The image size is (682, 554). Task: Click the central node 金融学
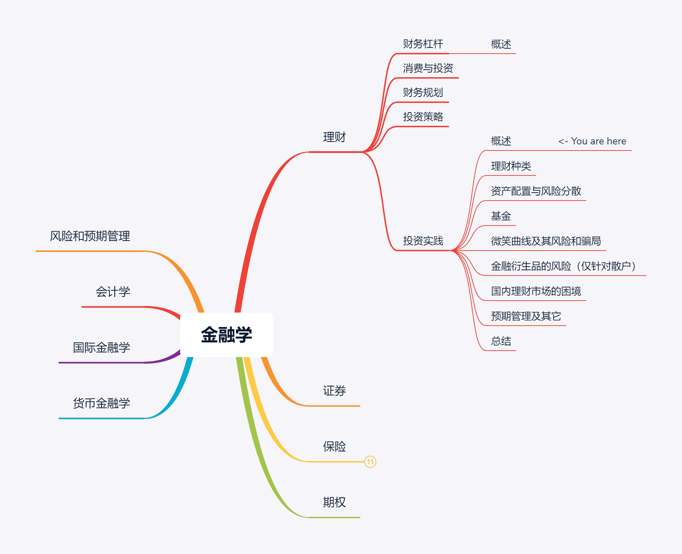(x=226, y=335)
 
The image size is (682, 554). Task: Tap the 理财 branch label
(x=334, y=137)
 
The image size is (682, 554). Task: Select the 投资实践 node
(x=423, y=241)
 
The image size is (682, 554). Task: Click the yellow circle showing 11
(x=370, y=462)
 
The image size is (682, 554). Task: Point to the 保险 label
(x=334, y=447)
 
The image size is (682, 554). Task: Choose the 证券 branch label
(x=334, y=391)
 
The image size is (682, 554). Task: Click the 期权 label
(x=334, y=503)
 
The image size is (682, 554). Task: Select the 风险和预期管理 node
(x=90, y=236)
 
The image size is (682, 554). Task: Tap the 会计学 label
(x=113, y=292)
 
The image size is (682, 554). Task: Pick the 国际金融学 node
(x=101, y=348)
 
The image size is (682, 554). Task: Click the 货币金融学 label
(x=101, y=404)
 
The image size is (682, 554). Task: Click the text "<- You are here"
(x=592, y=141)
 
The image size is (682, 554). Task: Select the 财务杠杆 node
(x=423, y=44)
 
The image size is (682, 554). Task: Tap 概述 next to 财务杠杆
(x=501, y=44)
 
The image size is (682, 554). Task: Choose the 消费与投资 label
(x=428, y=68)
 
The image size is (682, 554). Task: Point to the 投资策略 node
(x=423, y=117)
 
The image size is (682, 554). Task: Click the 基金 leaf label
(x=501, y=216)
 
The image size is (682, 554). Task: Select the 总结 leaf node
(x=501, y=341)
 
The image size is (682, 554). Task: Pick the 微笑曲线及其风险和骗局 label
(x=545, y=241)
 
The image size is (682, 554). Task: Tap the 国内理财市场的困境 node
(x=536, y=291)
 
